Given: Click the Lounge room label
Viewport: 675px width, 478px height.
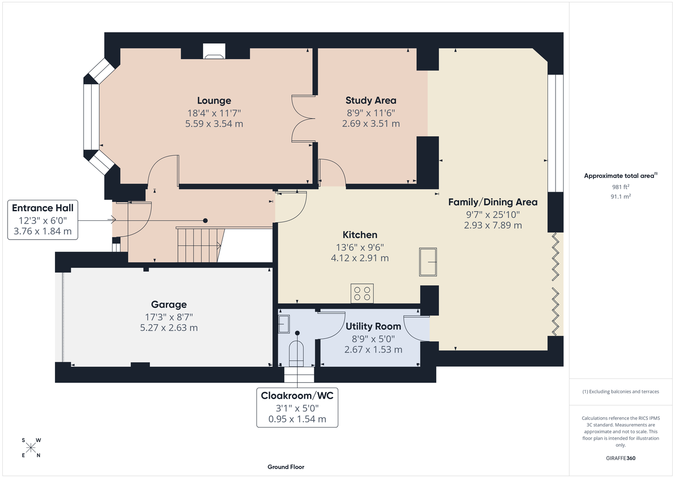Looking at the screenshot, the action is pyautogui.click(x=214, y=100).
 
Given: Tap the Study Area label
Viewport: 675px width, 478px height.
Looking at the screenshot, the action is pyautogui.click(x=371, y=100).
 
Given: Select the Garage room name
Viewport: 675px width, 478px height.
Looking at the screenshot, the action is pyautogui.click(x=169, y=304).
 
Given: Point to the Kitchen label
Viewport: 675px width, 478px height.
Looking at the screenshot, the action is pyautogui.click(x=360, y=235).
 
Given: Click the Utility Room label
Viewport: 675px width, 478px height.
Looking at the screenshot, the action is pyautogui.click(x=373, y=326).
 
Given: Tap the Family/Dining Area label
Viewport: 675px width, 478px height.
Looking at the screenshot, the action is pyautogui.click(x=493, y=202).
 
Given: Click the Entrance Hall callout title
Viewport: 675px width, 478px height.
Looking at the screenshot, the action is pyautogui.click(x=43, y=208).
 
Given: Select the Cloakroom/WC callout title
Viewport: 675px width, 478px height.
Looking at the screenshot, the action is pyautogui.click(x=297, y=396).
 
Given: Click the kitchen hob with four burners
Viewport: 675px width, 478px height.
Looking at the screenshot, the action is pyautogui.click(x=362, y=293).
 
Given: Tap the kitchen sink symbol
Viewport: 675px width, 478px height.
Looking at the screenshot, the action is pyautogui.click(x=428, y=262).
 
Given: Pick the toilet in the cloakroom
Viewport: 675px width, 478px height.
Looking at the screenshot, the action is pyautogui.click(x=296, y=353).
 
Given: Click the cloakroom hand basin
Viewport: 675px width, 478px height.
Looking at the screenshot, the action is pyautogui.click(x=284, y=324).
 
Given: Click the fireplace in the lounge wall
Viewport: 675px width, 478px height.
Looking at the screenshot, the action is pyautogui.click(x=214, y=51).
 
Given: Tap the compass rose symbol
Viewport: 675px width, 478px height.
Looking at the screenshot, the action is pyautogui.click(x=31, y=448).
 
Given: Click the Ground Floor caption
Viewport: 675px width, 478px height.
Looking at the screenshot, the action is pyautogui.click(x=286, y=467).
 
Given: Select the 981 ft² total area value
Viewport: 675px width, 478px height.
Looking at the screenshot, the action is pyautogui.click(x=621, y=187).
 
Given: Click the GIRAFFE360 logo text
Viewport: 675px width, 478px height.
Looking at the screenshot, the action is pyautogui.click(x=621, y=458).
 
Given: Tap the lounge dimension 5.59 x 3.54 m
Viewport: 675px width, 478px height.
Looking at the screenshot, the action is pyautogui.click(x=214, y=124).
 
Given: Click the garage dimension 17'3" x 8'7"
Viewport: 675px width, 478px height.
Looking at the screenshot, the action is pyautogui.click(x=169, y=317).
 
